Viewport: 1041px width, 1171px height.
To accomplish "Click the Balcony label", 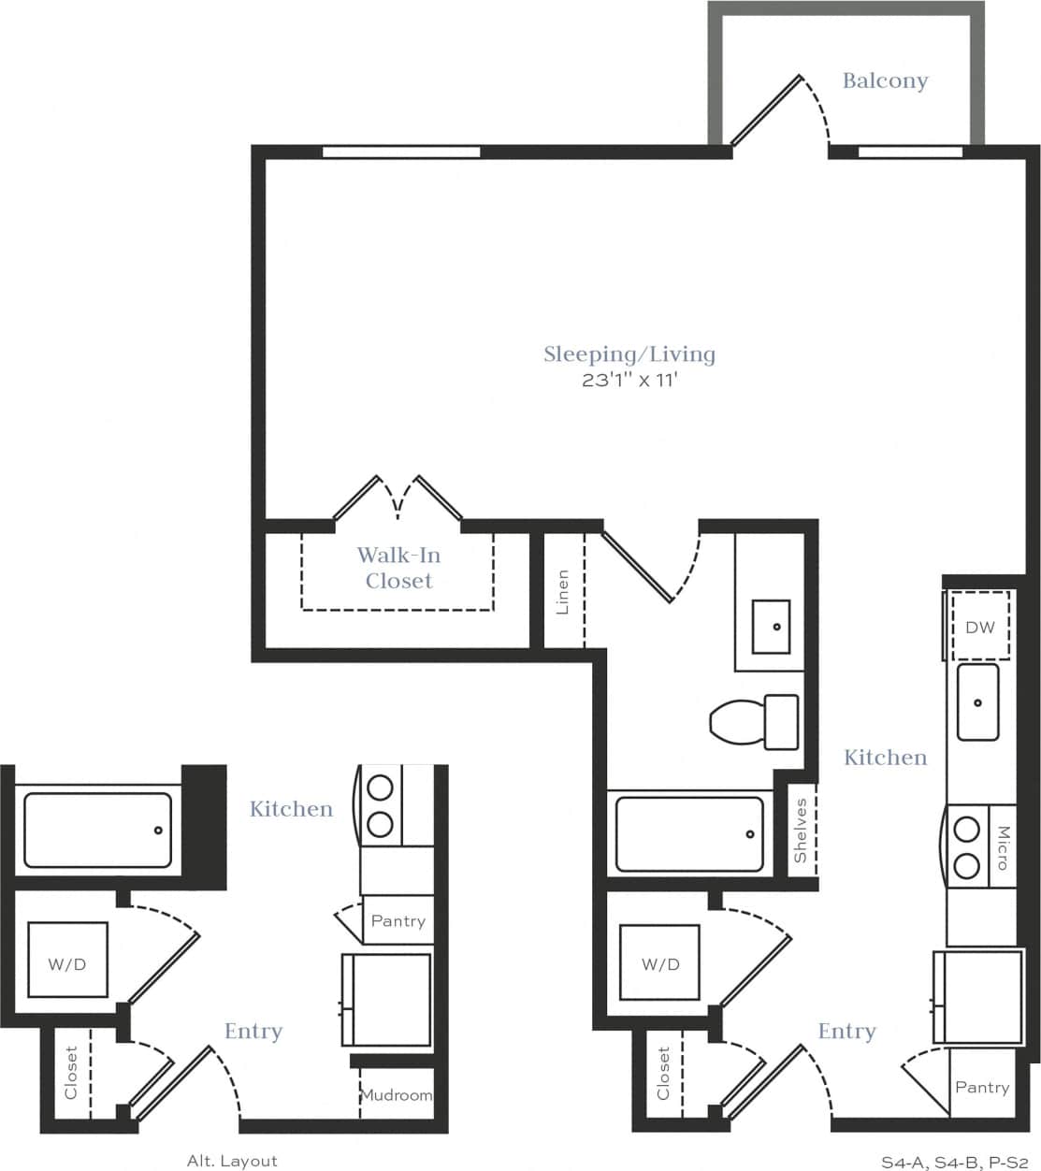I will [x=885, y=80].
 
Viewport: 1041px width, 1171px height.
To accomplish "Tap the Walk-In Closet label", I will [x=398, y=568].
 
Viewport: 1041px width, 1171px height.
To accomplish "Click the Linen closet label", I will [x=562, y=592].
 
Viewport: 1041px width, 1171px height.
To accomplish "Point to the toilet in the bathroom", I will [x=754, y=721].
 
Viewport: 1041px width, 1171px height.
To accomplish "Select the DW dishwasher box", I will [x=980, y=627].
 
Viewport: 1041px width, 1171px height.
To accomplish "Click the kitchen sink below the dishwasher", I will [x=977, y=701].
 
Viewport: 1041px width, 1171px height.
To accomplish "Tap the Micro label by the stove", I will [x=1003, y=847].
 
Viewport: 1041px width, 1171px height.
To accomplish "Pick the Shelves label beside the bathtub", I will [x=801, y=831].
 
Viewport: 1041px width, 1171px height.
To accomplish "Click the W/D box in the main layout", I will [x=660, y=964].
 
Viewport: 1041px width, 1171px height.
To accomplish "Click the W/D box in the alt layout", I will [x=66, y=964].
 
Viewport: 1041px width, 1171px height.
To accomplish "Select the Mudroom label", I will [x=397, y=1094].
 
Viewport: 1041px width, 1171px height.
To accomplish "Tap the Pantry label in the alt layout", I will [x=398, y=921].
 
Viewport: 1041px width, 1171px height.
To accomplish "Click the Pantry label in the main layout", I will [x=982, y=1087].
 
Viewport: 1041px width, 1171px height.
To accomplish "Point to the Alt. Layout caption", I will [x=232, y=1161].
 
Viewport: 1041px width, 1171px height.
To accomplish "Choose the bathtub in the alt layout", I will [x=97, y=830].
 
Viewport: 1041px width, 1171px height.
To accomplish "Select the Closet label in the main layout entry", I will [x=663, y=1073].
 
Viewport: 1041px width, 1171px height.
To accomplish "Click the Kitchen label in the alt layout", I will [x=291, y=809].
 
